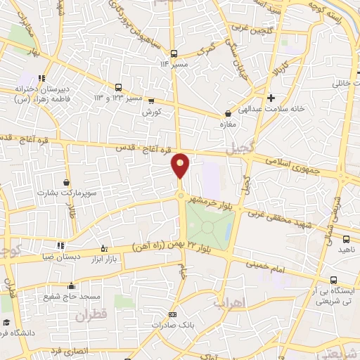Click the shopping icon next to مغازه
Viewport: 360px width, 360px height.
(227, 113)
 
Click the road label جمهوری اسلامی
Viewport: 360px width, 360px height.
(292, 166)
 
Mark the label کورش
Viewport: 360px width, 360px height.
(152, 112)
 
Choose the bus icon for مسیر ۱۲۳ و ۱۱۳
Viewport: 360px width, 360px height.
(119, 88)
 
